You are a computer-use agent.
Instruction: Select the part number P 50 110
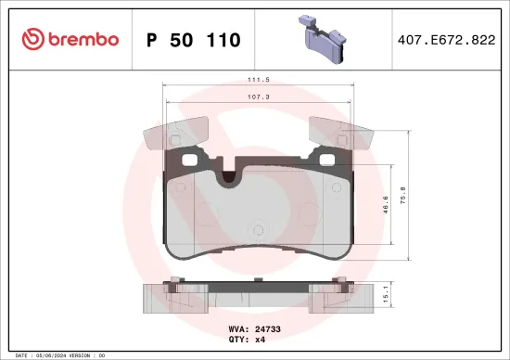(x=194, y=40)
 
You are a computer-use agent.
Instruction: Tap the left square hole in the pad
(x=191, y=159)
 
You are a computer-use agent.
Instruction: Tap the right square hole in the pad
(x=325, y=159)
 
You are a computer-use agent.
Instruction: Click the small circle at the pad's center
(x=258, y=224)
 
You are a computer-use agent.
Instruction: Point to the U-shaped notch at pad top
(x=226, y=174)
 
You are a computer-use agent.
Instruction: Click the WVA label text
(x=237, y=328)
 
